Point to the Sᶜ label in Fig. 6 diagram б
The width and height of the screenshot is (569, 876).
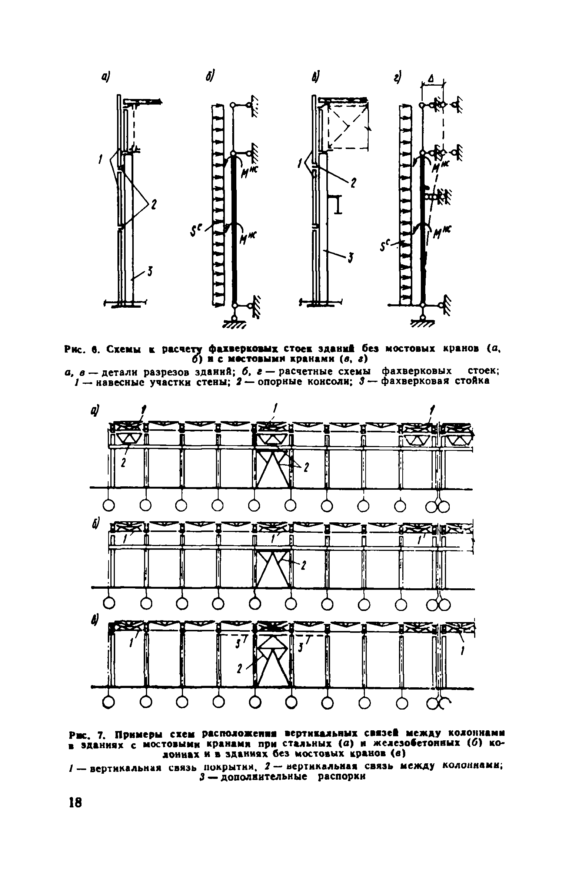[x=196, y=233]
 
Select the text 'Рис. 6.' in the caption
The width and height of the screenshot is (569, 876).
[x=81, y=349]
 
